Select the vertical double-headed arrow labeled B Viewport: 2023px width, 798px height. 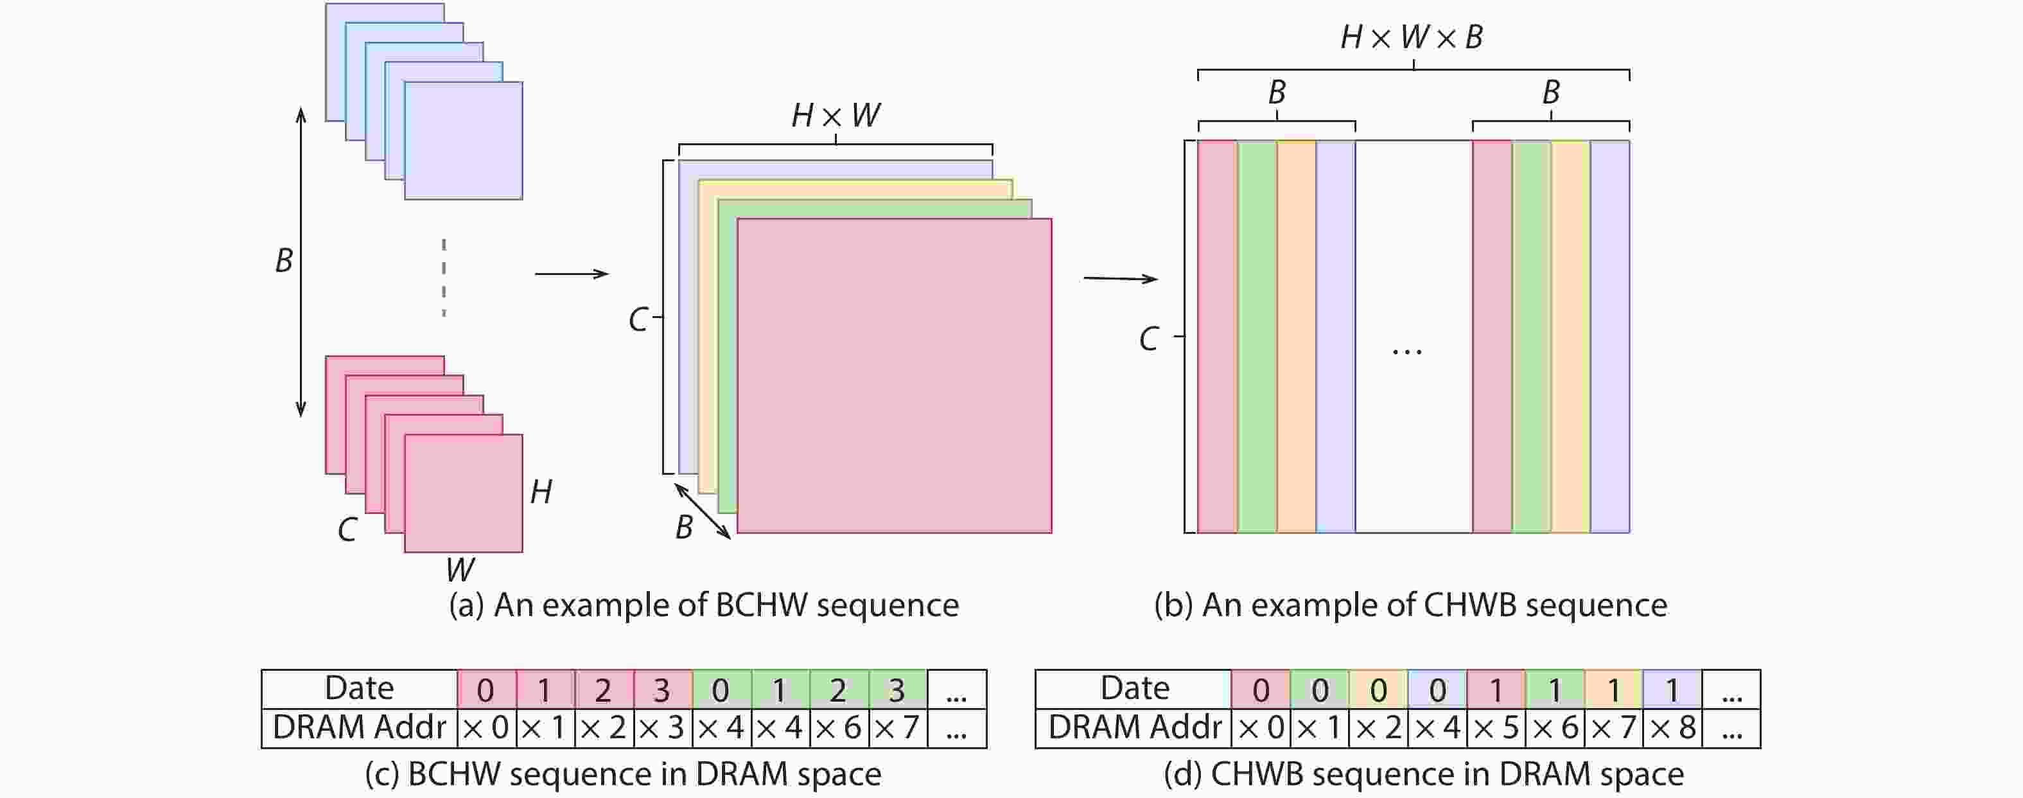(x=301, y=262)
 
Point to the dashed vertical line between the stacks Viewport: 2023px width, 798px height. (x=444, y=278)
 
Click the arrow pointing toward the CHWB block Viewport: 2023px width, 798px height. (x=1120, y=278)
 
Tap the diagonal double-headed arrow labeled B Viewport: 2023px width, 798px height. (x=703, y=511)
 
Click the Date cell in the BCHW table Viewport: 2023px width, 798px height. (x=359, y=689)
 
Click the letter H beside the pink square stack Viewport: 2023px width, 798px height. (x=541, y=492)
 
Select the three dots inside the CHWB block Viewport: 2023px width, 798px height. (x=1406, y=353)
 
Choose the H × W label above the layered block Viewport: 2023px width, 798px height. (x=836, y=116)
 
